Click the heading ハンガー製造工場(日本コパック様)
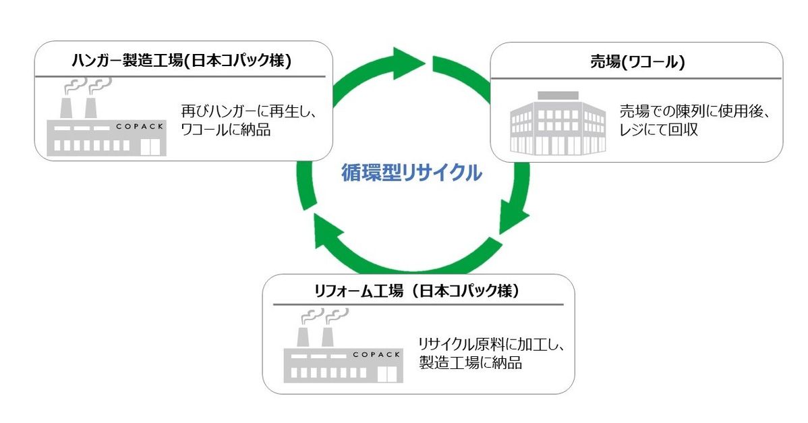[x=181, y=61]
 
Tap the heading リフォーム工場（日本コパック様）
[x=419, y=291]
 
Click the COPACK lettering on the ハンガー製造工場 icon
[x=141, y=125]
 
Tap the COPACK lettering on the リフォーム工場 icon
[x=378, y=354]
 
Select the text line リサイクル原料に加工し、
[x=491, y=343]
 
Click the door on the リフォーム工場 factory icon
[x=385, y=373]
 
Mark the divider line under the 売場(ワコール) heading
[x=637, y=78]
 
